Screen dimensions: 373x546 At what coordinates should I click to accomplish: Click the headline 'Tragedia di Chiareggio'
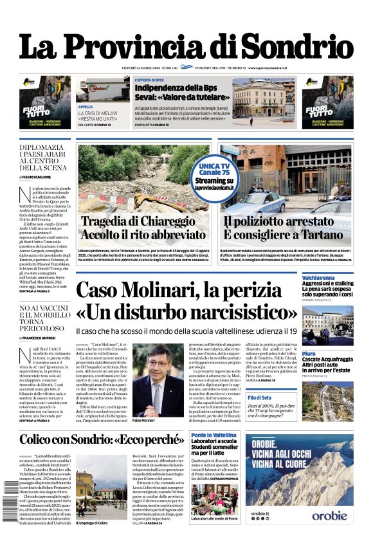click(138, 223)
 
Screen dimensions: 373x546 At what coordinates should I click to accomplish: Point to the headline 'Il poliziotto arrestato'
click(286, 223)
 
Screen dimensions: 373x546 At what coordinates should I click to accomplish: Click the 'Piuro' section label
click(309, 354)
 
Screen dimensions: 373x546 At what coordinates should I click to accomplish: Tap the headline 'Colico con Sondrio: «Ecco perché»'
click(102, 440)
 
